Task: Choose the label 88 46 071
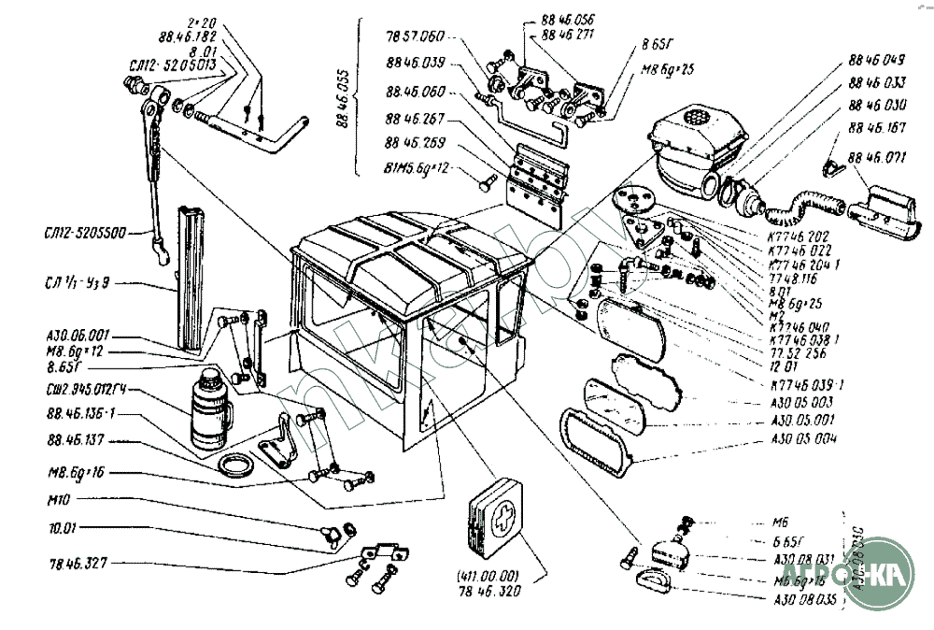878,157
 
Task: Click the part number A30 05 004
805,439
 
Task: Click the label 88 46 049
877,60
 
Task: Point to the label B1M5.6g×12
417,168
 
